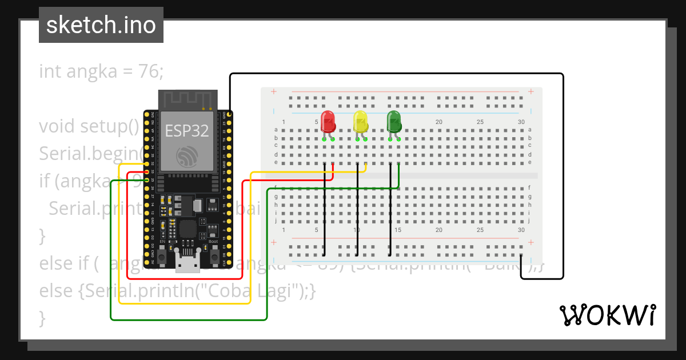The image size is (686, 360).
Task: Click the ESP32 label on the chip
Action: (x=186, y=131)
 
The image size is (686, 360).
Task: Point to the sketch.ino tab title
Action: (x=101, y=26)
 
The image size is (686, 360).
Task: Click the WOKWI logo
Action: (x=607, y=315)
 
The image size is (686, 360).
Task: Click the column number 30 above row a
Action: (x=521, y=122)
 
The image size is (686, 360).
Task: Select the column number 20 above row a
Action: (x=439, y=122)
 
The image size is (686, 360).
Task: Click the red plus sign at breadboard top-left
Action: (x=274, y=91)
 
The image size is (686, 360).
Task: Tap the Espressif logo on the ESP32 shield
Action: (x=186, y=156)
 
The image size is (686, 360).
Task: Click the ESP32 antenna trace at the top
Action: (x=188, y=99)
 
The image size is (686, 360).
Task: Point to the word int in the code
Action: (x=50, y=71)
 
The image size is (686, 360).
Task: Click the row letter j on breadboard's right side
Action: (x=529, y=220)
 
